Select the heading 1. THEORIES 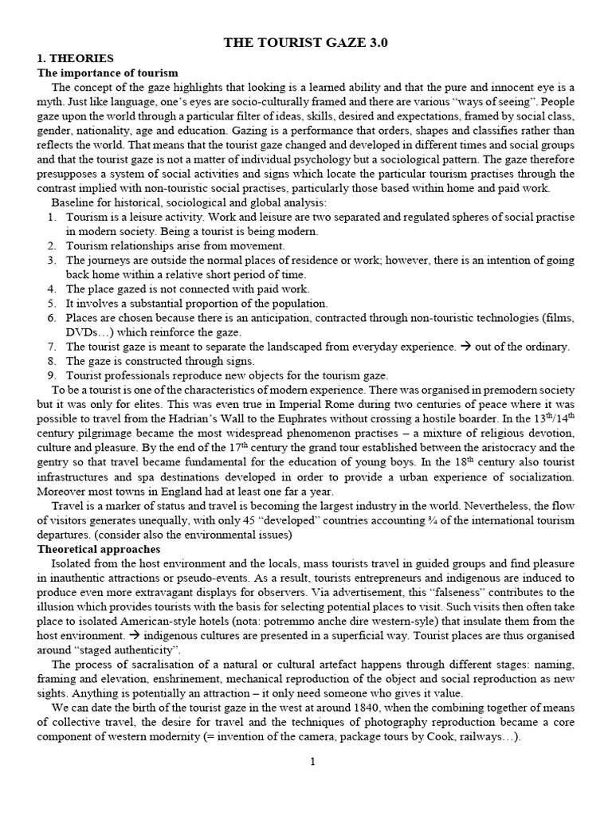[76, 58]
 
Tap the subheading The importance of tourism [108, 73]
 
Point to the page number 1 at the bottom [313, 762]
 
